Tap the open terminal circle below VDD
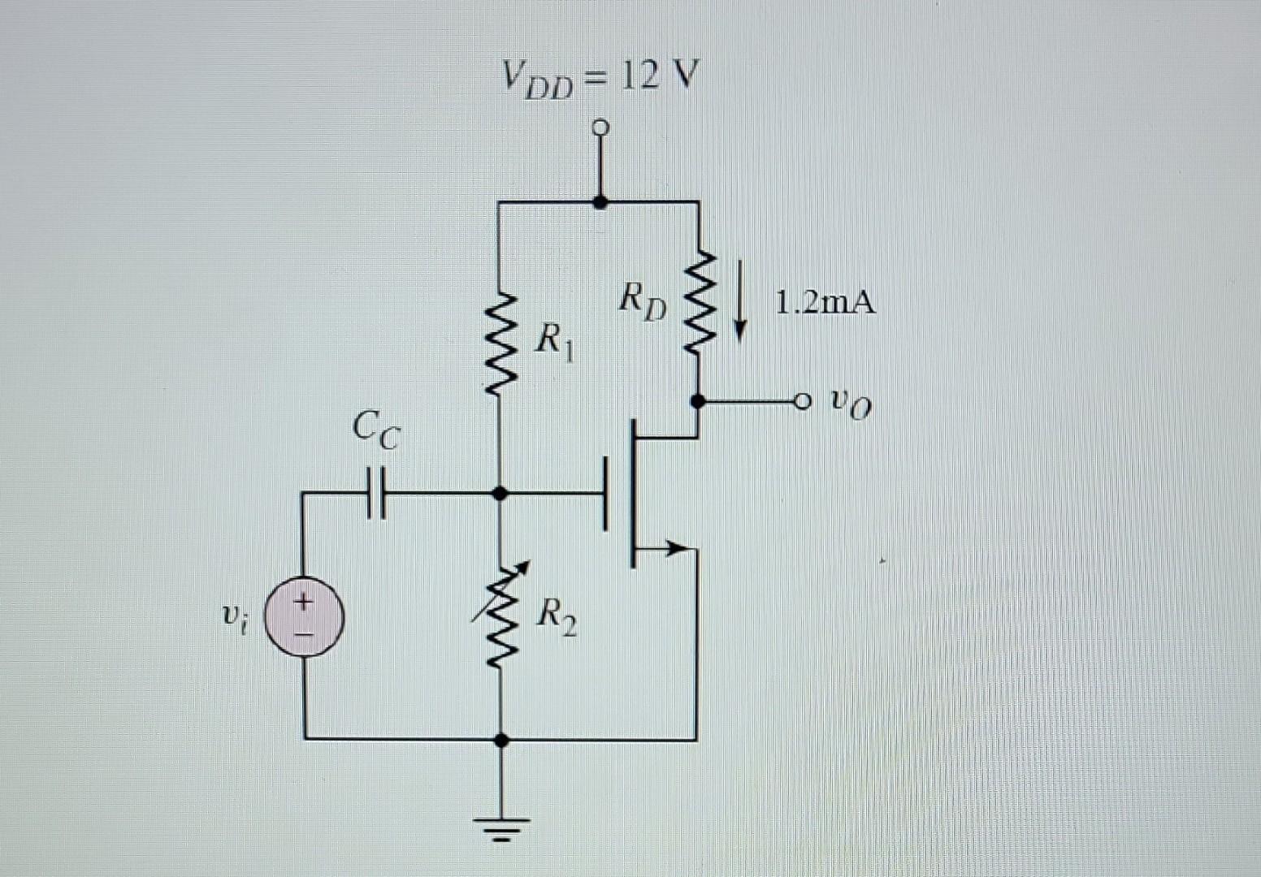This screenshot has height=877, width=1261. tap(600, 127)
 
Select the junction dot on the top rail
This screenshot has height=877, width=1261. tap(600, 201)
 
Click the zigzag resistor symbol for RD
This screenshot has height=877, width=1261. tap(697, 304)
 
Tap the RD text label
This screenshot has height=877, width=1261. tap(643, 300)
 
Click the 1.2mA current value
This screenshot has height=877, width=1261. tap(825, 303)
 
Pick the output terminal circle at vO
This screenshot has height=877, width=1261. tap(803, 400)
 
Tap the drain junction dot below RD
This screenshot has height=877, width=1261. tap(697, 400)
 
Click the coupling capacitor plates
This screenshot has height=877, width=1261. tap(375, 492)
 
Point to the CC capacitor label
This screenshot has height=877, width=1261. tap(376, 430)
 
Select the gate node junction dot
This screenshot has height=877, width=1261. tap(500, 493)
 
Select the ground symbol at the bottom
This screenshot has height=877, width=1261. tap(502, 827)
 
